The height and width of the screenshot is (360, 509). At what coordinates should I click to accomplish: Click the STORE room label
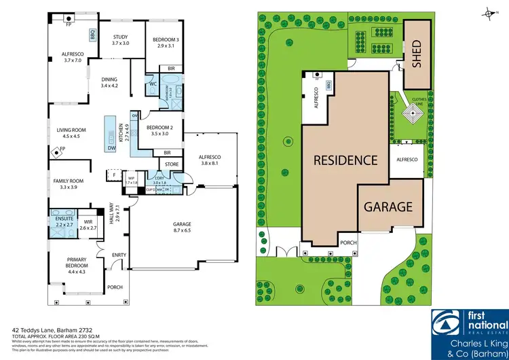171,164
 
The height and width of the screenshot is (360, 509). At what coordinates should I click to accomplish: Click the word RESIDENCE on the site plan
345,161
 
